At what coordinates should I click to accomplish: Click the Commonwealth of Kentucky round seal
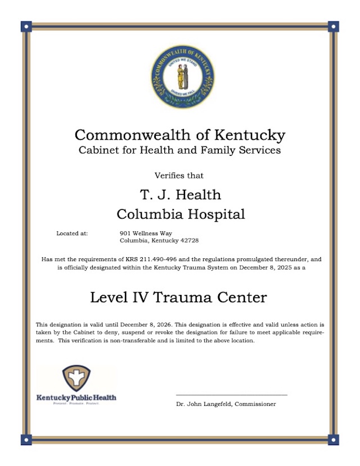[183, 77]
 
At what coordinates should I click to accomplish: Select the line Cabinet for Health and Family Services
[179, 150]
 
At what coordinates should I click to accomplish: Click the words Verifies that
[179, 176]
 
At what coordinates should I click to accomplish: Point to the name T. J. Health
[180, 195]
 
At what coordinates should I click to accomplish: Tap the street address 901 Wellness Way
[146, 233]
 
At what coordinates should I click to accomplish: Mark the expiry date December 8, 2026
[129, 325]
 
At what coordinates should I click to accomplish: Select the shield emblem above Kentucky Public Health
[76, 378]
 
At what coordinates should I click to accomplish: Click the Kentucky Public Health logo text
[76, 397]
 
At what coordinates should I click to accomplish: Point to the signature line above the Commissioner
[231, 395]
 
